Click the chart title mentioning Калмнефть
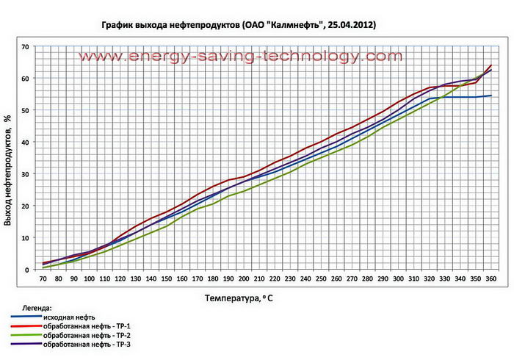[239, 25]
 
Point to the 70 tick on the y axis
[25, 47]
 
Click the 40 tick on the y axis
[25, 143]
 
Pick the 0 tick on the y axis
[27, 270]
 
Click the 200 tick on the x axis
[245, 279]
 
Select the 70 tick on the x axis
[44, 279]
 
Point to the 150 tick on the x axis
[167, 279]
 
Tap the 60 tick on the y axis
[25, 79]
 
